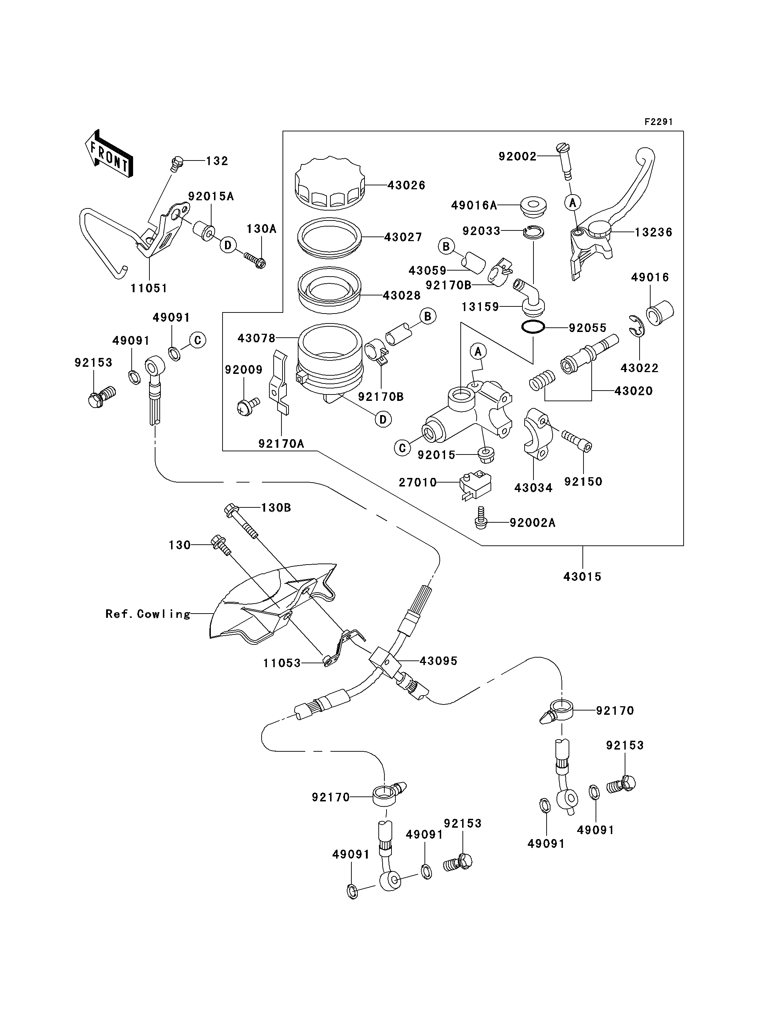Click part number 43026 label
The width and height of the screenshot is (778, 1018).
[x=406, y=185]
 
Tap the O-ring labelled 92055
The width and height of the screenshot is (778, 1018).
[x=532, y=327]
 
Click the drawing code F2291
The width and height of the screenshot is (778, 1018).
[x=658, y=122]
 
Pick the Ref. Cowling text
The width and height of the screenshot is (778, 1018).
[x=148, y=614]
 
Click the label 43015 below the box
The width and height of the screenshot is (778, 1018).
[x=582, y=577]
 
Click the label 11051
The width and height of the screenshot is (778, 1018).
[x=149, y=288]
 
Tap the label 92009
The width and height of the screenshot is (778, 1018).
[x=243, y=370]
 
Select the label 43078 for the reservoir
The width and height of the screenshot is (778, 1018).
[x=256, y=338]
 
